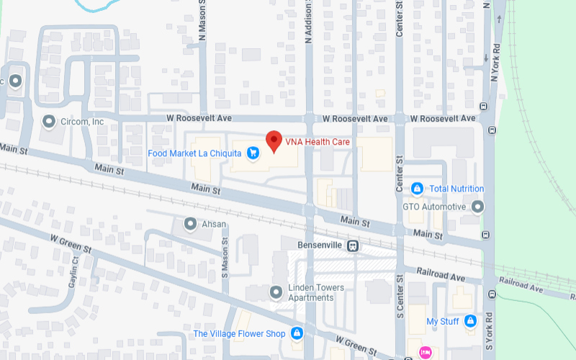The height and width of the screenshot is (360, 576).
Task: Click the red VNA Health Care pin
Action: click(274, 141)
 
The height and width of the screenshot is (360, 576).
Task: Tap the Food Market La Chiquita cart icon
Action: click(253, 153)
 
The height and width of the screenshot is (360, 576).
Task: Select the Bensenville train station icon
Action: click(352, 246)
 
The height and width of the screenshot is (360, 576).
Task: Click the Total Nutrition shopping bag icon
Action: click(417, 189)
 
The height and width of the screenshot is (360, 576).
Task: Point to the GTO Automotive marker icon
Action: click(477, 207)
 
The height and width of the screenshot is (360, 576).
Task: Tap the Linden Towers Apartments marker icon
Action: click(275, 292)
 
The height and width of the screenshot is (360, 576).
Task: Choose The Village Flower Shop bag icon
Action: click(296, 333)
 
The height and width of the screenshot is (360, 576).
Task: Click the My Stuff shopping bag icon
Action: click(470, 320)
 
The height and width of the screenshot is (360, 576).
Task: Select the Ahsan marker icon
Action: click(190, 224)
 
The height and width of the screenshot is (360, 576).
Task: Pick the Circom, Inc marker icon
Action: click(49, 121)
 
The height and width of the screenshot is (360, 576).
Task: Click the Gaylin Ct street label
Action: click(73, 272)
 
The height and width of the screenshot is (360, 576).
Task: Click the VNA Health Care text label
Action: click(318, 142)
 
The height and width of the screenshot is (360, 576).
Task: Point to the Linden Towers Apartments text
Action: click(316, 292)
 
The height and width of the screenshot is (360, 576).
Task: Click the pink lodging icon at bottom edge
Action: click(425, 353)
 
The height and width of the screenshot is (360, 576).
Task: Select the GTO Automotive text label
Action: click(433, 207)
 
